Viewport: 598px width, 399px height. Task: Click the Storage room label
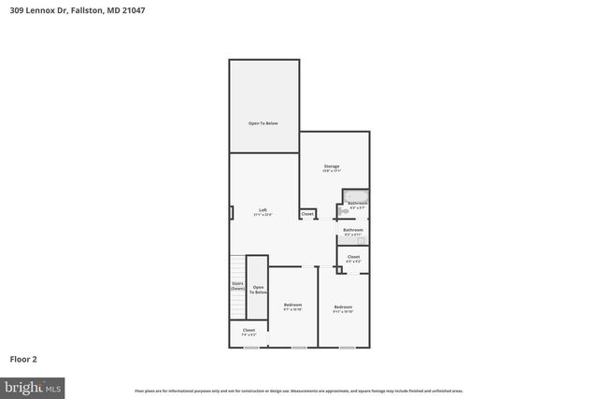pyautogui.click(x=332, y=168)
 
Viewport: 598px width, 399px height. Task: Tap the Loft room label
pyautogui.click(x=264, y=213)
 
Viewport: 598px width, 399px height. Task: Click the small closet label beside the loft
pyautogui.click(x=306, y=215)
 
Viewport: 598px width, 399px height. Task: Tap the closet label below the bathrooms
pyautogui.click(x=353, y=258)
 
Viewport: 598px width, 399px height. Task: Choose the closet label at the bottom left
pyautogui.click(x=249, y=331)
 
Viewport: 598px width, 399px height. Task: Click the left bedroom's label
pyautogui.click(x=292, y=306)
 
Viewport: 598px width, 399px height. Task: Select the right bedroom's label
pyautogui.click(x=343, y=308)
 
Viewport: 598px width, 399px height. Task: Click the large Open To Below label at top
pyautogui.click(x=263, y=123)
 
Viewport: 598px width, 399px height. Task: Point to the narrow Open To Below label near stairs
pyautogui.click(x=259, y=290)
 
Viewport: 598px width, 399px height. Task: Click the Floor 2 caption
pyautogui.click(x=23, y=358)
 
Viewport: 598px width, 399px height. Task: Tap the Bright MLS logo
pyautogui.click(x=33, y=385)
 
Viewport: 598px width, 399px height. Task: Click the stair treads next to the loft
pyautogui.click(x=237, y=266)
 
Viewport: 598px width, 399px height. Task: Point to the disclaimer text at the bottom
pyautogui.click(x=298, y=391)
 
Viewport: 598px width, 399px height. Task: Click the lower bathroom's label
pyautogui.click(x=352, y=231)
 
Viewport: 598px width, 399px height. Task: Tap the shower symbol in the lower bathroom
pyautogui.click(x=362, y=240)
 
